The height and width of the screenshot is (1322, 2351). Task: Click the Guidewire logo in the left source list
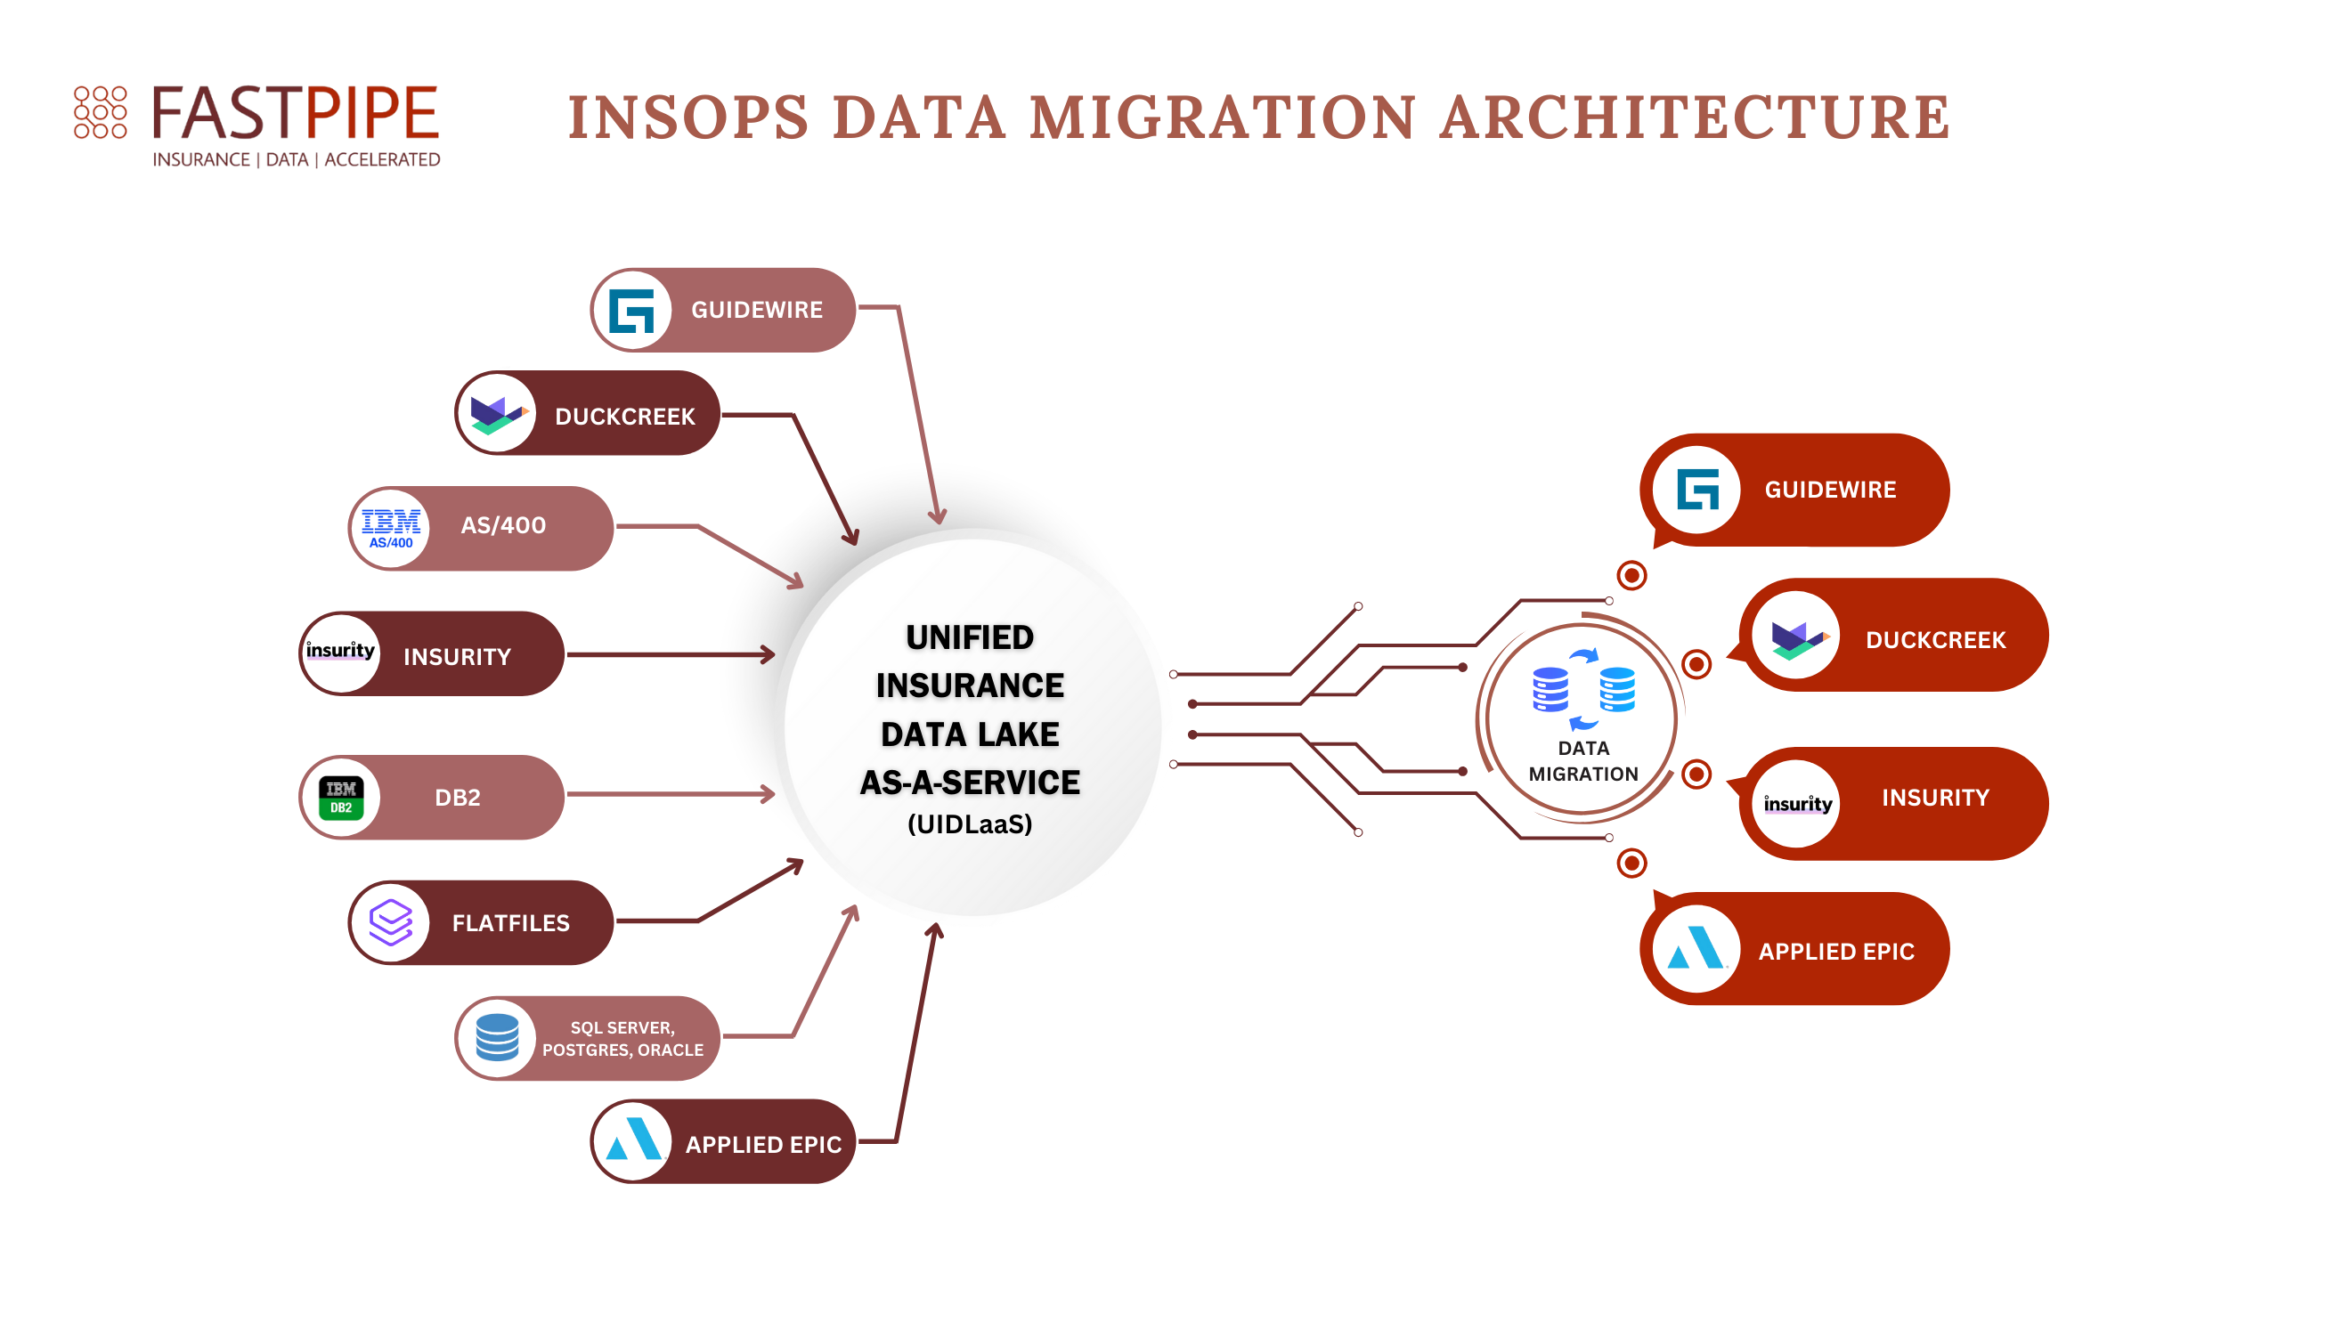click(x=631, y=311)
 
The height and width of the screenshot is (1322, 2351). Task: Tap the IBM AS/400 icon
click(x=391, y=528)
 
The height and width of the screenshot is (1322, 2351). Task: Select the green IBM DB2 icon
click(x=341, y=798)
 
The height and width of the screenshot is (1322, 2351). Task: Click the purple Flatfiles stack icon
click(x=391, y=922)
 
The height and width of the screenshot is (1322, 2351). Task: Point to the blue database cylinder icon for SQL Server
click(x=498, y=1037)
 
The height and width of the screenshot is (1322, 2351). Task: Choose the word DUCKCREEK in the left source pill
click(x=625, y=417)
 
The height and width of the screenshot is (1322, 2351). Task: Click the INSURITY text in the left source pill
click(x=457, y=657)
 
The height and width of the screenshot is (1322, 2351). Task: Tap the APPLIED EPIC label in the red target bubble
click(x=1835, y=952)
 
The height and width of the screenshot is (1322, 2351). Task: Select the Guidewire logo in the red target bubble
click(x=1697, y=490)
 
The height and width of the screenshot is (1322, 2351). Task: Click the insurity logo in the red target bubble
click(x=1797, y=804)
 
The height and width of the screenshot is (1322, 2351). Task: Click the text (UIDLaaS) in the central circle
click(x=969, y=823)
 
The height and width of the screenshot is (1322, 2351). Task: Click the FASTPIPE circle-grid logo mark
click(x=101, y=112)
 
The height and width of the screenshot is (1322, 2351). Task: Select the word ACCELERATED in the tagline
click(x=382, y=159)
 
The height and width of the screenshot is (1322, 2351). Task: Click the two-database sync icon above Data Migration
click(x=1583, y=689)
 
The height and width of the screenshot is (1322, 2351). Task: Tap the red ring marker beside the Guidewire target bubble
click(x=1631, y=576)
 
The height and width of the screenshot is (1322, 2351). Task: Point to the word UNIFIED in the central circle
click(x=969, y=637)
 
